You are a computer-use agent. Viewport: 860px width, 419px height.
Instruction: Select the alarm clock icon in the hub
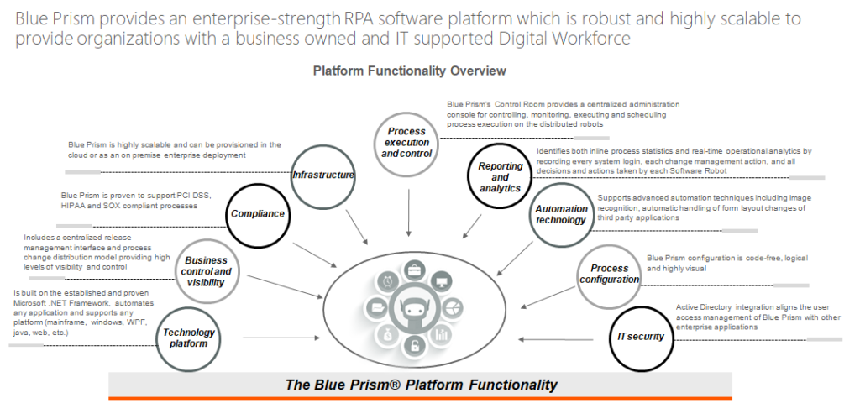[x=387, y=280]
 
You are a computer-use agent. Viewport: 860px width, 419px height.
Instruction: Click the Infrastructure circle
[x=322, y=175]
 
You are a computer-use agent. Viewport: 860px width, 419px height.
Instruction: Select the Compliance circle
[x=258, y=213]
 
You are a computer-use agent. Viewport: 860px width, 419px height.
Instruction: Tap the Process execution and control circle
[x=407, y=143]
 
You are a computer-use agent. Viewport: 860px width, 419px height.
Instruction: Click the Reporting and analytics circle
[x=500, y=177]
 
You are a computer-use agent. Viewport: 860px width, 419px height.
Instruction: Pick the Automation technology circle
[x=561, y=215]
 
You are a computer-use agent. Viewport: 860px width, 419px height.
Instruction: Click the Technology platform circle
[x=188, y=338]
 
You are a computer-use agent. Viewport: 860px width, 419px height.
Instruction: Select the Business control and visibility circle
[x=207, y=271]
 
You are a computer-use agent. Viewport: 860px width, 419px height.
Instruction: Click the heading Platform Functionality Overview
[x=409, y=71]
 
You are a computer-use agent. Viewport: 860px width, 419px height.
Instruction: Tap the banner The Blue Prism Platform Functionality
[x=420, y=385]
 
